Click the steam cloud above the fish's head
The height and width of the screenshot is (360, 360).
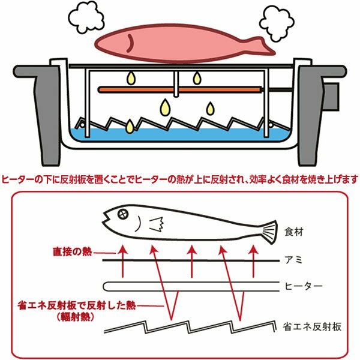click(x=86, y=17)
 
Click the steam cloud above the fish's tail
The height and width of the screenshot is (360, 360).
click(x=277, y=23)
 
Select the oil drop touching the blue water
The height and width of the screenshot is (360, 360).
click(x=130, y=126)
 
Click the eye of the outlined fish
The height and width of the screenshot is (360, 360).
click(x=123, y=214)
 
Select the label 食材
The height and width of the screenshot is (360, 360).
click(x=294, y=232)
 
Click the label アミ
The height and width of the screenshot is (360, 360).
click(x=293, y=260)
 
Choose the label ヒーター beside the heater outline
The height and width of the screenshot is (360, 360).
click(x=304, y=286)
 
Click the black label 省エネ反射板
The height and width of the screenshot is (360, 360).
click(x=312, y=327)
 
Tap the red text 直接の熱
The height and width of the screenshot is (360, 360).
click(x=73, y=251)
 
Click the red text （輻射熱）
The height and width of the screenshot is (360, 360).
click(x=76, y=317)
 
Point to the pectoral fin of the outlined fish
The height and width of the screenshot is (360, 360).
click(x=157, y=224)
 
